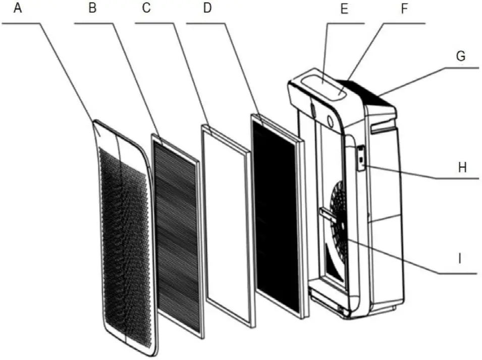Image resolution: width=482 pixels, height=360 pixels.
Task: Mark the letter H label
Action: (x=462, y=167)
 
